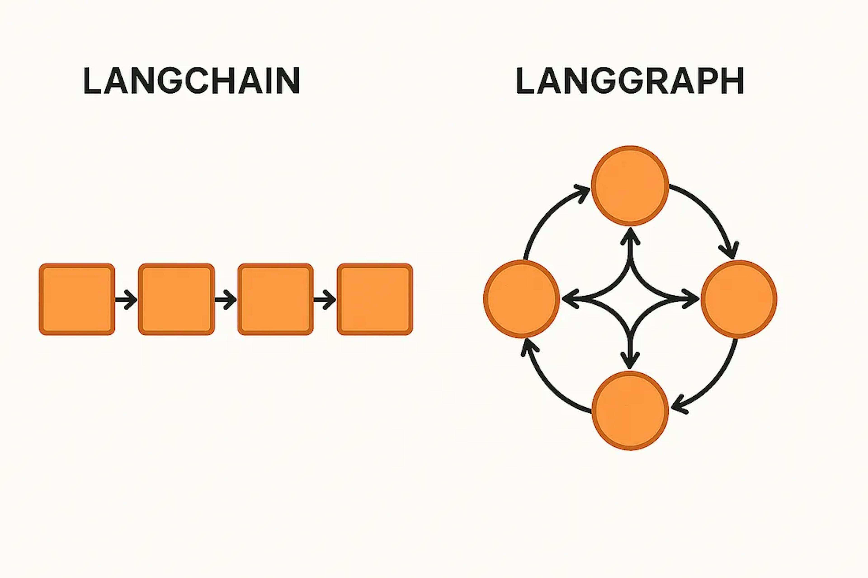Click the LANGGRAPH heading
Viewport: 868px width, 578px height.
coord(630,81)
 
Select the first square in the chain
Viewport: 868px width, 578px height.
coord(77,299)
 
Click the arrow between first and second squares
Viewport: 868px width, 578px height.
coord(126,299)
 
